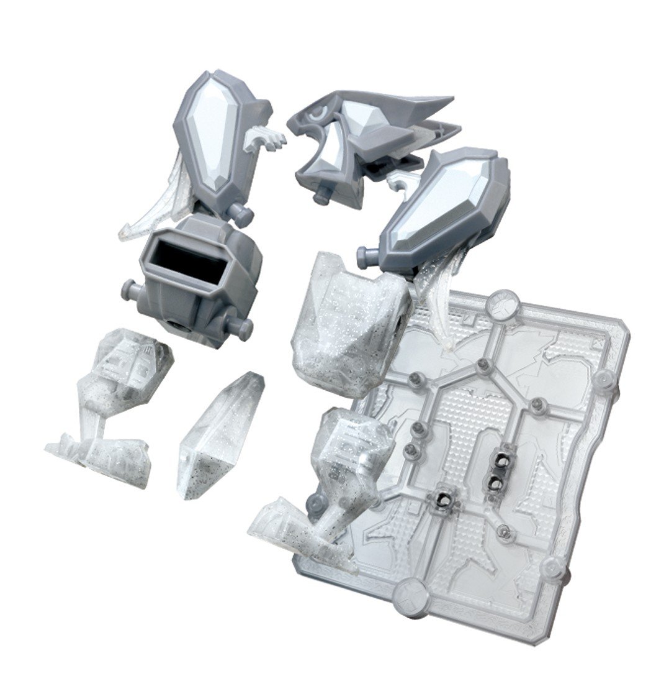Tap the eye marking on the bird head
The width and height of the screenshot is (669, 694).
[x=319, y=113]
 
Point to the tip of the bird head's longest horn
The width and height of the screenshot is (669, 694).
[x=452, y=99]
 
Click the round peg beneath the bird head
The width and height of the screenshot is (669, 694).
[x=321, y=198]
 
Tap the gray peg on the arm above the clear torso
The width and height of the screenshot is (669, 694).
[x=366, y=253]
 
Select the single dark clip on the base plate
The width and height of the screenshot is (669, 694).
[x=445, y=495]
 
